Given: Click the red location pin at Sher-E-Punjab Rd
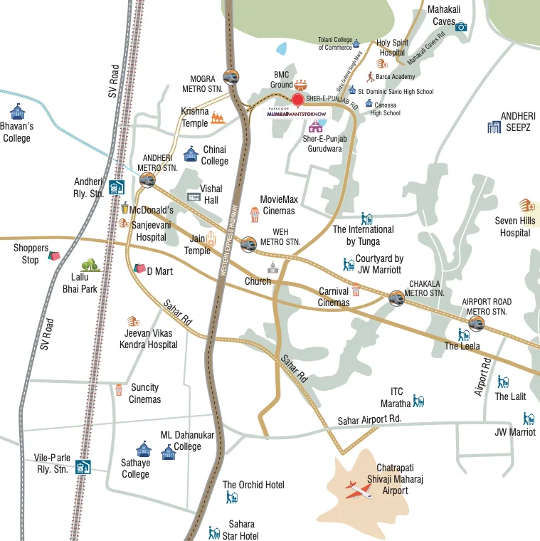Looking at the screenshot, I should pos(298,100).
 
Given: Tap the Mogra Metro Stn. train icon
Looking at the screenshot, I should pos(231,77).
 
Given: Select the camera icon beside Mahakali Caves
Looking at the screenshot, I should pos(461,27).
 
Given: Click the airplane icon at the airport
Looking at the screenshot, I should pos(359,490).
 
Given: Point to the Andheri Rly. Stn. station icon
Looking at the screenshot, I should pos(117,187).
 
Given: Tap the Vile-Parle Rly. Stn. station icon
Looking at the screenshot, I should pos(83,466).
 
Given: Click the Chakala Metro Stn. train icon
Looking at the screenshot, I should pos(396,298).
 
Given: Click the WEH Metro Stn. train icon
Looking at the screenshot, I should pos(248,243).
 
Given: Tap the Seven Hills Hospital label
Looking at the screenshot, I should pos(515,226).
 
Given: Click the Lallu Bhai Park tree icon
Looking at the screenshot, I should pos(89,267).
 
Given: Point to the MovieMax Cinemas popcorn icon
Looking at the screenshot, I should pos(254,214).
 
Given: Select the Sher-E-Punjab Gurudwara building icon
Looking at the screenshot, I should pos(315,127).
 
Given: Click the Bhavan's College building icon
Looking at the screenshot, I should pos(16,112).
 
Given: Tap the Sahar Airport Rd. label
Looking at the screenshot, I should pos(369,420).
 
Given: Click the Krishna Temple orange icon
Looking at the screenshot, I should pos(218,117).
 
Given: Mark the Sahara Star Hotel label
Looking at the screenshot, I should pos(240,530).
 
